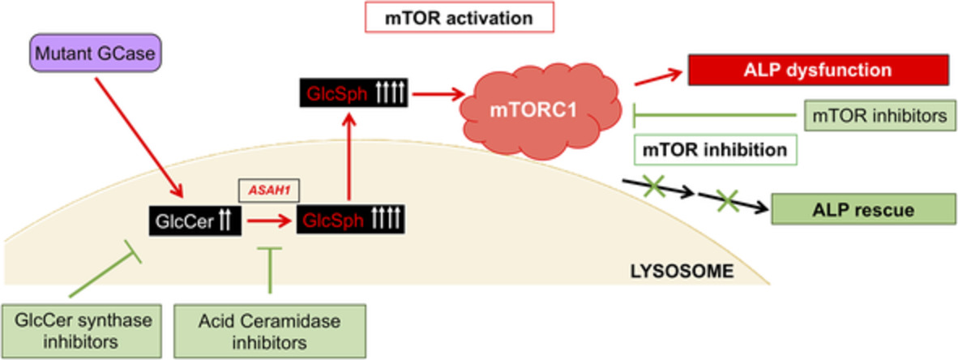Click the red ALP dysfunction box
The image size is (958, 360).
pyautogui.click(x=818, y=70)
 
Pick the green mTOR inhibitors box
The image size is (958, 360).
pyautogui.click(x=877, y=116)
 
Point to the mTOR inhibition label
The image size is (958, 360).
pyautogui.click(x=714, y=150)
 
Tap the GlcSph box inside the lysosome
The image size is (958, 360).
pyautogui.click(x=352, y=220)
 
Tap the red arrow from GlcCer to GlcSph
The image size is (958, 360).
pyautogui.click(x=268, y=220)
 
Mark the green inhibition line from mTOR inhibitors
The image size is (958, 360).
pyautogui.click(x=713, y=116)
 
